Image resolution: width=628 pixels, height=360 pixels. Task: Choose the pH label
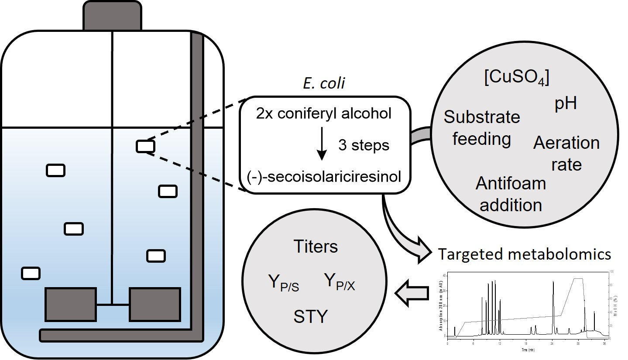point(565,104)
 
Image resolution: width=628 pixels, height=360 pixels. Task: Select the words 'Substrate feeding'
point(481,128)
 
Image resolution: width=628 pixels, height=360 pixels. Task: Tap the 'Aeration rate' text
point(566,154)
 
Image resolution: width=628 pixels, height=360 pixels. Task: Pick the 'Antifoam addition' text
point(511,194)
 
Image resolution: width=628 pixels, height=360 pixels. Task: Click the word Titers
point(316,247)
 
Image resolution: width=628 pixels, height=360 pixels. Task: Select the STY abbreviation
point(310,316)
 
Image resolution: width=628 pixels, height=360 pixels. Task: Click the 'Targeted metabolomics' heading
point(524,254)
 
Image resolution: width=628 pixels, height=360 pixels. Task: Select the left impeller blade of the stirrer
point(71,304)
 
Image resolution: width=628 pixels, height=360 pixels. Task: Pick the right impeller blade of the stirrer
point(154,304)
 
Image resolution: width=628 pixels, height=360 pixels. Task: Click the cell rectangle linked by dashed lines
point(145,146)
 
